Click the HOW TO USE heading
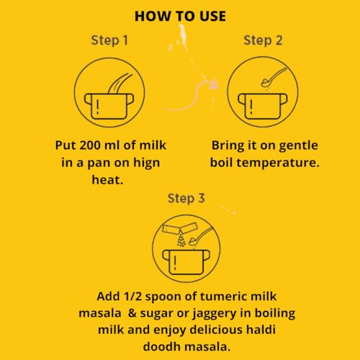(x=180, y=17)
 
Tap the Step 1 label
(x=109, y=40)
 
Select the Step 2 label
(x=263, y=40)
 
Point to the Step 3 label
(x=186, y=199)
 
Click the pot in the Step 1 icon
(x=109, y=106)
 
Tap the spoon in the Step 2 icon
(x=274, y=77)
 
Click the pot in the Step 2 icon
(x=263, y=106)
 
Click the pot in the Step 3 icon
(x=186, y=262)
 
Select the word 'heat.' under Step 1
(x=107, y=179)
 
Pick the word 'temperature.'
(x=278, y=163)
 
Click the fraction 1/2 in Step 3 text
(x=132, y=296)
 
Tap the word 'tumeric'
(x=223, y=296)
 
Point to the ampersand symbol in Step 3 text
(x=132, y=313)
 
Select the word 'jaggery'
(x=215, y=314)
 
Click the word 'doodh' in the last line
(x=162, y=346)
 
